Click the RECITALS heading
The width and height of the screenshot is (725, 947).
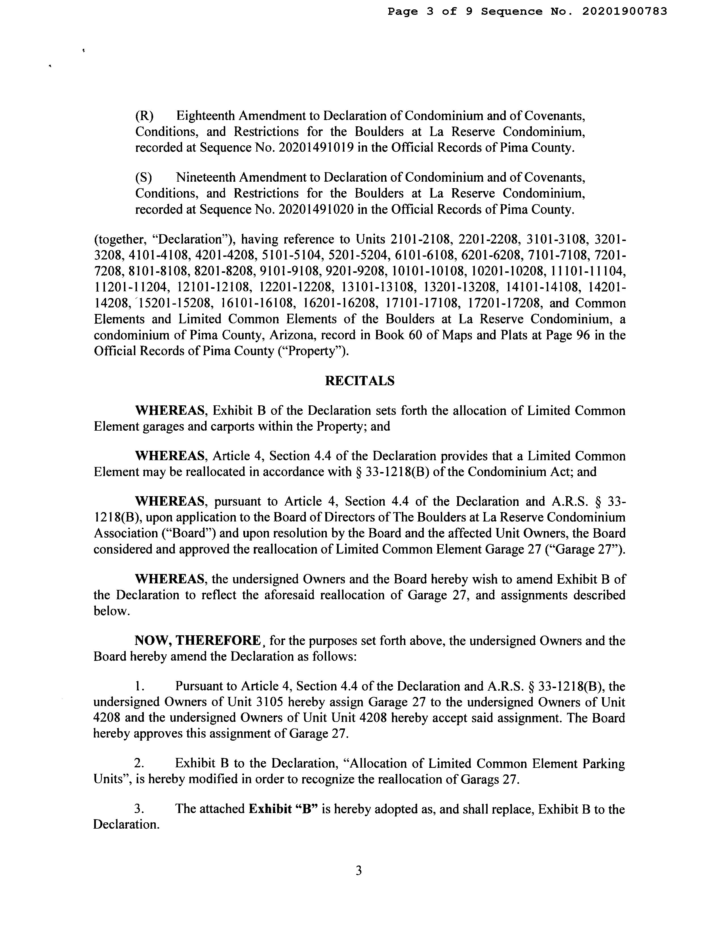[359, 381]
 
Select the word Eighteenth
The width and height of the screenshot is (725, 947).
[206, 116]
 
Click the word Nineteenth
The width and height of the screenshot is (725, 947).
[205, 177]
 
